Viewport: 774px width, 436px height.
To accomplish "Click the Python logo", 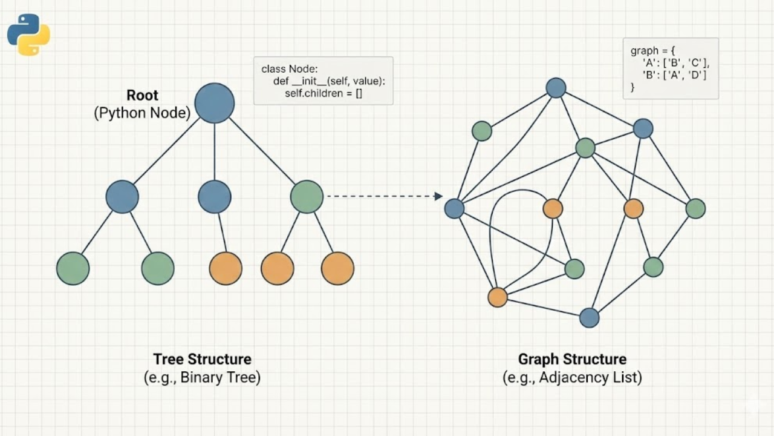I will point(28,35).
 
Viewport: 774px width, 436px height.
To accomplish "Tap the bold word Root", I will point(142,95).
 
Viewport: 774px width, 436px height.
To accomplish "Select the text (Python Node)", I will point(142,113).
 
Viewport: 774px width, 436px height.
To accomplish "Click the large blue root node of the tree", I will point(215,103).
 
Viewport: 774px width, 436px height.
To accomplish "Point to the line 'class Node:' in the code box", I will point(289,69).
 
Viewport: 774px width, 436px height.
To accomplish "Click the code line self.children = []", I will point(324,93).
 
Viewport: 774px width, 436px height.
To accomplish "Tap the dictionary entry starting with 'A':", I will point(675,62).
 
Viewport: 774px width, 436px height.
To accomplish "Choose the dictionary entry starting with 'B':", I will point(674,74).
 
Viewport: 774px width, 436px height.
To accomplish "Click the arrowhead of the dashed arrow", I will point(439,196).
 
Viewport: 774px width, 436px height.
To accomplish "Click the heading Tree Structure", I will point(202,359).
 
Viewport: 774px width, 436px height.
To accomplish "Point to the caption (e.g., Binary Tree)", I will point(202,378).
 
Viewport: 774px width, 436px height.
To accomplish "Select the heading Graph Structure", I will point(572,359).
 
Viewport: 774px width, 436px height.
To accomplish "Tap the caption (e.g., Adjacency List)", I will point(572,378).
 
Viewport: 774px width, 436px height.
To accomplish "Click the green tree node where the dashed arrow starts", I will point(307,197).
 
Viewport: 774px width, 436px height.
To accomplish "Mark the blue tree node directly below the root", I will point(215,197).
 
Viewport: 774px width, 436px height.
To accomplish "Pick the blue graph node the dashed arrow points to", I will point(454,208).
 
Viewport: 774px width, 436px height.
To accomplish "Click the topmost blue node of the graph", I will point(556,88).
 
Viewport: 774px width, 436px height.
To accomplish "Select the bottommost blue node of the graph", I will point(589,318).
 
